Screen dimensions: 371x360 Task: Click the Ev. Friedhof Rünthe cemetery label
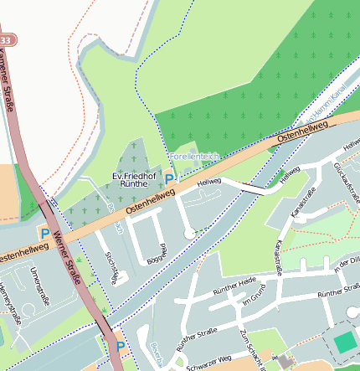pyautogui.click(x=135, y=178)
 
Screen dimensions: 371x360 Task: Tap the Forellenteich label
pyautogui.click(x=193, y=157)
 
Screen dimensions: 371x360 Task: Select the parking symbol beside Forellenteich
pyautogui.click(x=170, y=178)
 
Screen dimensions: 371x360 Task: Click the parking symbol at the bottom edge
pyautogui.click(x=120, y=347)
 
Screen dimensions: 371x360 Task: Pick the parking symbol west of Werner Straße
pyautogui.click(x=44, y=234)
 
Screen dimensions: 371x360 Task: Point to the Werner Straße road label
pyautogui.click(x=66, y=256)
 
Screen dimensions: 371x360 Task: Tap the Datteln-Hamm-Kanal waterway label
pyautogui.click(x=321, y=109)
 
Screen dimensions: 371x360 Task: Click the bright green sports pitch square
pyautogui.click(x=345, y=343)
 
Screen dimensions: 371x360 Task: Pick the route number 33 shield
pyautogui.click(x=7, y=39)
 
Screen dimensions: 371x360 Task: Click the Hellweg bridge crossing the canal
pyautogui.click(x=260, y=190)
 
